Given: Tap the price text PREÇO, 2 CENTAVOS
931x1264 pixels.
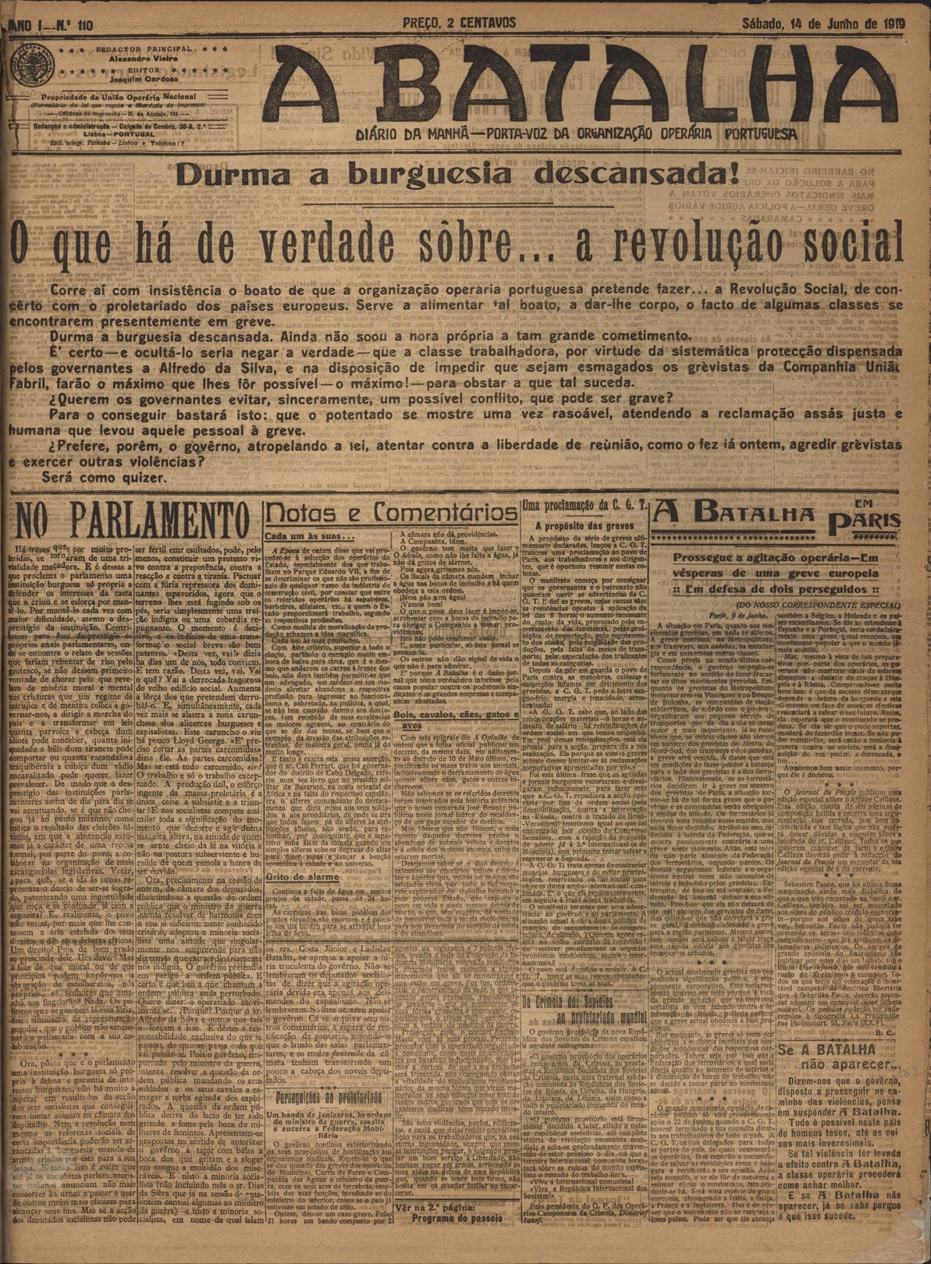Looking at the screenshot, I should click(459, 23).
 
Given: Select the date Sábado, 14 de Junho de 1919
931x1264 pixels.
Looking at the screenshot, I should click(823, 23).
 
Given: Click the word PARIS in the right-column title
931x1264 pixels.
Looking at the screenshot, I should click(876, 522).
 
